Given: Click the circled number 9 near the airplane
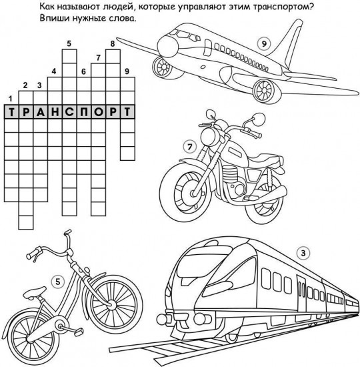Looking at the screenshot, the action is pos(264,44).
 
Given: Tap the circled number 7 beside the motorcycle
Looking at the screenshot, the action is pos(190,147).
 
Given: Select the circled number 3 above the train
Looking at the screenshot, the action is pos(303,254).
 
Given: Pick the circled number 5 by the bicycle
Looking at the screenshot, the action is pos(58,282).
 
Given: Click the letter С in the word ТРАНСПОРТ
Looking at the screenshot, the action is pos(69,112).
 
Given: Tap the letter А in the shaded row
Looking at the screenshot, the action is pos(41,112).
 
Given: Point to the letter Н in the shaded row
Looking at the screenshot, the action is pos(55,112).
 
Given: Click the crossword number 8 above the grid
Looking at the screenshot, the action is pos(113,44).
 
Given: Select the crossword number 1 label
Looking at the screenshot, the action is pos(10,99).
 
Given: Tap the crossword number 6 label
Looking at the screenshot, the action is pos(84,71).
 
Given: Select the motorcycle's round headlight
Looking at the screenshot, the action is pos(208,136).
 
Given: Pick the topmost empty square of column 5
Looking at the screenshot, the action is pos(69,57).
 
